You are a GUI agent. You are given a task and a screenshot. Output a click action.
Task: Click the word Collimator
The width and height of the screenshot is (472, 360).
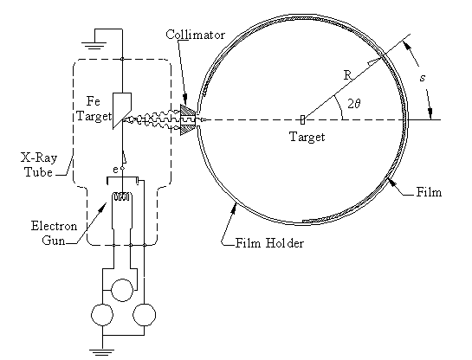[x=195, y=35]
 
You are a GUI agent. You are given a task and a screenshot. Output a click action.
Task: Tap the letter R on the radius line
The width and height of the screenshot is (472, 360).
[x=347, y=75]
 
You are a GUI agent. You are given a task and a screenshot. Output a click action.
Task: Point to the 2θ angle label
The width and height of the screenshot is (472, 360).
[x=354, y=104]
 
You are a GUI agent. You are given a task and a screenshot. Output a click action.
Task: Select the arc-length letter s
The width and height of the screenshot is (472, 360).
[x=423, y=78]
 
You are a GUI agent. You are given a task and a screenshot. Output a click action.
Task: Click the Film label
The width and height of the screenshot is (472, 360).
[x=429, y=192]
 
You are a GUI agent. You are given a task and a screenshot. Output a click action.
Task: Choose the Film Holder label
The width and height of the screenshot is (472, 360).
[x=269, y=243]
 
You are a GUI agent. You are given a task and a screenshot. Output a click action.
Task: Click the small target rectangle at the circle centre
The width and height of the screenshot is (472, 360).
[x=302, y=119]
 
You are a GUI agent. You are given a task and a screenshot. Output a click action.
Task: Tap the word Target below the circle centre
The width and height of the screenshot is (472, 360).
[x=307, y=137]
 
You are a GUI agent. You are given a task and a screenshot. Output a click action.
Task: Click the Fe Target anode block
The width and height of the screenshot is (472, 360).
[x=122, y=111]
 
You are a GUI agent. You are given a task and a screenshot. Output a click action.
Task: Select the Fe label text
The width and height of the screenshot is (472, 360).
[x=93, y=101]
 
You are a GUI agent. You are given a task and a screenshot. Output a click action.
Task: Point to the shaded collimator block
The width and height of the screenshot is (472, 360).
[x=188, y=119]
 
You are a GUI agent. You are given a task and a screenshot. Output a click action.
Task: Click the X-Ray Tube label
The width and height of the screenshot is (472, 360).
[x=39, y=164]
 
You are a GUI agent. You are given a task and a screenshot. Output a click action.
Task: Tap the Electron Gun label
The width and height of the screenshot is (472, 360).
[x=55, y=233]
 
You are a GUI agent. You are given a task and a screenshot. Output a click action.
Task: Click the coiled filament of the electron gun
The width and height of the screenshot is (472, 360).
[x=121, y=197]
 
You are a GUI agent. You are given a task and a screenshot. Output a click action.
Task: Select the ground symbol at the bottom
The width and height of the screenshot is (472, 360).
[x=102, y=352]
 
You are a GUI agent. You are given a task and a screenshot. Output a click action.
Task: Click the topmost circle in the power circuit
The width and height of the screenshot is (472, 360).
[x=122, y=290]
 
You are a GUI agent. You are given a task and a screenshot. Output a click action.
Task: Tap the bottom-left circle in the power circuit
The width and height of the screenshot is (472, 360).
[x=102, y=315]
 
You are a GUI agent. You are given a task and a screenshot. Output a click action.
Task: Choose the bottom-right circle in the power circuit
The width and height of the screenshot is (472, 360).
[x=144, y=315]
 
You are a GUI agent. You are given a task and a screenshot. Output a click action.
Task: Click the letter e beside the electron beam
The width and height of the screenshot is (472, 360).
[x=115, y=170]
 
